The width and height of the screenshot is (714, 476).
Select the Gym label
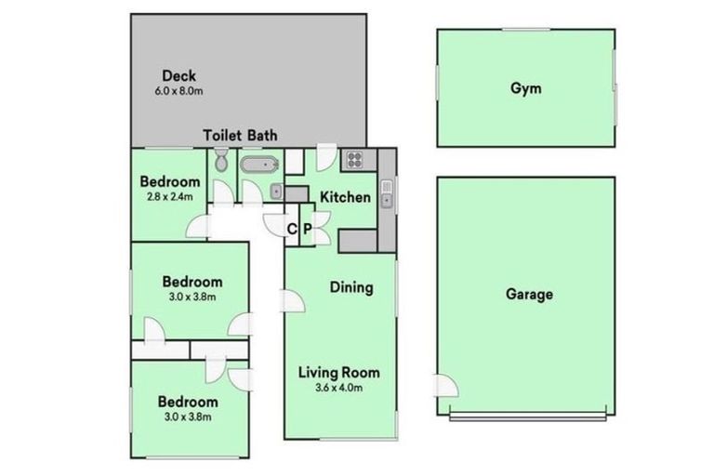tap(525, 89)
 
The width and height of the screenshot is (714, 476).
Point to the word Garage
tap(529, 295)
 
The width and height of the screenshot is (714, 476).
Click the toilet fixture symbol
tap(220, 164)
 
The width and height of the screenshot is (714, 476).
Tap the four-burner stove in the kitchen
tap(355, 159)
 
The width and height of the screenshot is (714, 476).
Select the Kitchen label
tap(345, 197)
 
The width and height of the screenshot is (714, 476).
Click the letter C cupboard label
tap(292, 230)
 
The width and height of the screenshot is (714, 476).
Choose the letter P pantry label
tap(308, 230)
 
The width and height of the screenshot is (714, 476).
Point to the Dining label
tap(351, 287)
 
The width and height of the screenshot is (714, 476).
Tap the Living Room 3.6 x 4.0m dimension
tap(338, 389)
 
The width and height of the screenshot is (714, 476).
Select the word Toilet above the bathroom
tap(223, 136)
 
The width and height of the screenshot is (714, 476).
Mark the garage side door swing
tap(445, 386)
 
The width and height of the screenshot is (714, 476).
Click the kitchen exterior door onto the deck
tap(326, 155)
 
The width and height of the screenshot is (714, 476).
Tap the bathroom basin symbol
tap(276, 192)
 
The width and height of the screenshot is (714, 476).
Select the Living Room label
tap(338, 373)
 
